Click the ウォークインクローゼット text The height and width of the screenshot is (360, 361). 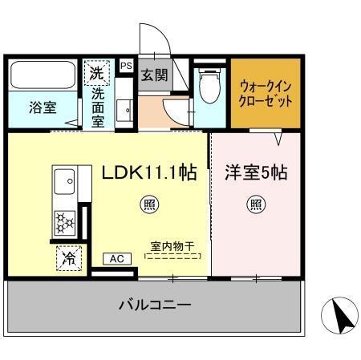[x=266, y=94]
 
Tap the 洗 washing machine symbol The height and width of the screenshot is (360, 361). [x=97, y=73]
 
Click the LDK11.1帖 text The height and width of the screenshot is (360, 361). [x=149, y=172]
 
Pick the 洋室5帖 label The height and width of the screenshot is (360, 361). [x=256, y=172]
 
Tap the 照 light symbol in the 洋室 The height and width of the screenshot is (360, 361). [x=254, y=203]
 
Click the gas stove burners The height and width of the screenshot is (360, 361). [x=63, y=219]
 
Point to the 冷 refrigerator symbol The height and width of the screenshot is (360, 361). [x=69, y=258]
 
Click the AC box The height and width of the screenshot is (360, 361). [x=116, y=258]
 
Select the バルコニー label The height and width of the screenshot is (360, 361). [x=155, y=305]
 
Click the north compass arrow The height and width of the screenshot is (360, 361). [x=341, y=317]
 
